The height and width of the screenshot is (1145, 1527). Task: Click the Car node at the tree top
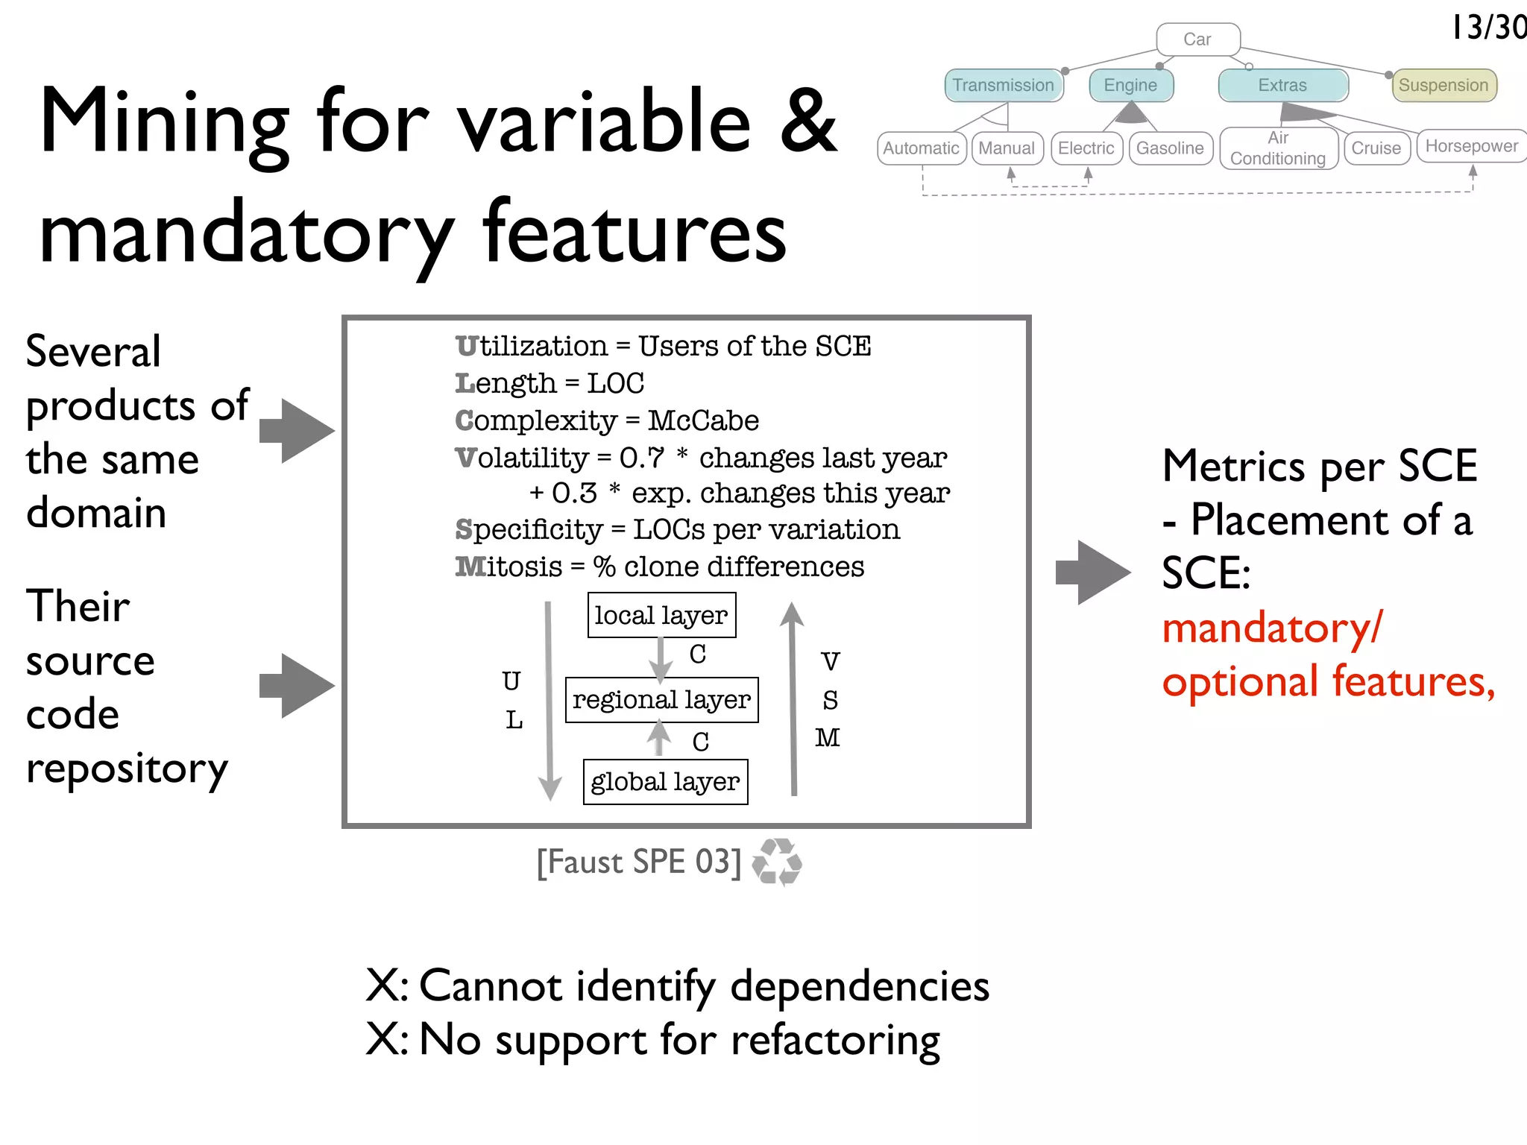(x=1197, y=40)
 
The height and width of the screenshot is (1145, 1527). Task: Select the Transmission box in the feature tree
(x=1003, y=85)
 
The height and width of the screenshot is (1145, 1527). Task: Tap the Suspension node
(x=1443, y=85)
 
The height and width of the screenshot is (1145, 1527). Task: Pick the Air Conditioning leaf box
(x=1278, y=148)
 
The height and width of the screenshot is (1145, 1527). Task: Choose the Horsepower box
(x=1471, y=146)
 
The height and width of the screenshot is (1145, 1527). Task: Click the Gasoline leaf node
(x=1170, y=148)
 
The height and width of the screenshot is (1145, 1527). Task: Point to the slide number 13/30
(x=1488, y=28)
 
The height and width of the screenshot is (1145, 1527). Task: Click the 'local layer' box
(x=661, y=615)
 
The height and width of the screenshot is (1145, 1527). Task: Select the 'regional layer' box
(x=661, y=699)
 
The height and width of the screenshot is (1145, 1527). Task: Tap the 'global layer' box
(x=665, y=781)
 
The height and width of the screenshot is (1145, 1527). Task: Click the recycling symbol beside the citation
(x=777, y=862)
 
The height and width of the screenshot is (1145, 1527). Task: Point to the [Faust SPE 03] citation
(x=639, y=862)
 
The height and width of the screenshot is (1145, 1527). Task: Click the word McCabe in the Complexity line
(x=703, y=420)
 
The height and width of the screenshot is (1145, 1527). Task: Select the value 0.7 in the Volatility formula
(x=641, y=458)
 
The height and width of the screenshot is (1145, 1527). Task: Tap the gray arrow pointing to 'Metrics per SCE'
(x=1093, y=572)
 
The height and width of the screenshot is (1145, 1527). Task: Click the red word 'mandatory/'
(x=1272, y=628)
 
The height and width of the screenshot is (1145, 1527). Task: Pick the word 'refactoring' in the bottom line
(x=835, y=1039)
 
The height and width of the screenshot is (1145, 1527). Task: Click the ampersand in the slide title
(x=808, y=121)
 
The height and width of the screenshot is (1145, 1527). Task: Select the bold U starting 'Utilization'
(x=466, y=346)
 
